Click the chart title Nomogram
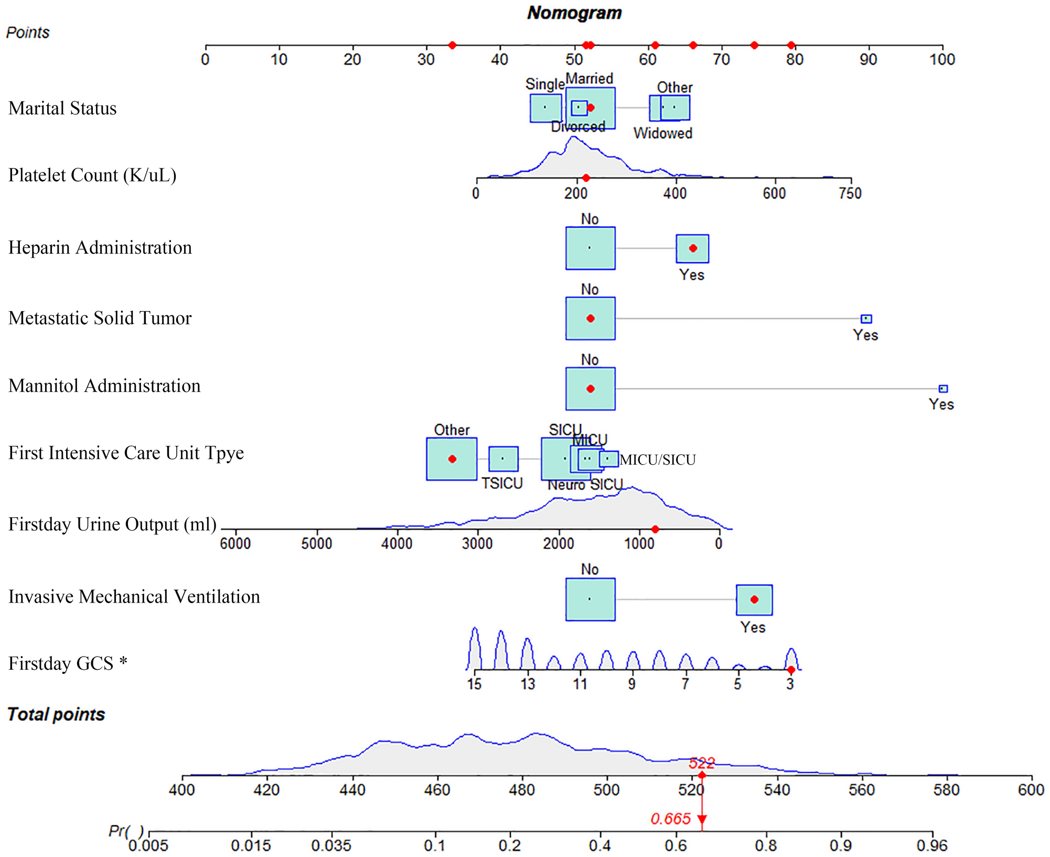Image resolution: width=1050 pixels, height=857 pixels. [x=574, y=13]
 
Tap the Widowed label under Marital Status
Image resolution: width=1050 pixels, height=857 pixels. [x=662, y=133]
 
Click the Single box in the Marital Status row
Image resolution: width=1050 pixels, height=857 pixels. [x=545, y=108]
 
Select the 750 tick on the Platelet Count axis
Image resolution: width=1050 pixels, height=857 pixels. [x=850, y=179]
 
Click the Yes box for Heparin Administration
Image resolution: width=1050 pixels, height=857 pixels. [x=692, y=248]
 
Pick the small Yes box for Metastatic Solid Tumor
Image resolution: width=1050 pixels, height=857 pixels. [x=866, y=318]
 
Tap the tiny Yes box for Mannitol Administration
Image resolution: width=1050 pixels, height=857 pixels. [x=943, y=389]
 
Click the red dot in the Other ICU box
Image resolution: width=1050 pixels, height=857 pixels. [x=452, y=459]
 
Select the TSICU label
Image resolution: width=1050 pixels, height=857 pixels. [x=502, y=484]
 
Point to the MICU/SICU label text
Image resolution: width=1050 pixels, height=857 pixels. [x=657, y=460]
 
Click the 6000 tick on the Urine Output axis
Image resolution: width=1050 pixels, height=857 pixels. [x=235, y=530]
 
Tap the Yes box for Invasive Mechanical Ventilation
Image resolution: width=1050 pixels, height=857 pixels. [x=754, y=599]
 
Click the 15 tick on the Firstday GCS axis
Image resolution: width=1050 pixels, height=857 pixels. [x=475, y=671]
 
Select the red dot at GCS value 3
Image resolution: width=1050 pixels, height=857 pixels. [x=791, y=670]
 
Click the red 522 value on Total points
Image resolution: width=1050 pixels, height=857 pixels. [x=701, y=763]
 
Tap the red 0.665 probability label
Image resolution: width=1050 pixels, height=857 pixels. [x=670, y=819]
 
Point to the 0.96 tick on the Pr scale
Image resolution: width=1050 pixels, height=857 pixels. [x=932, y=832]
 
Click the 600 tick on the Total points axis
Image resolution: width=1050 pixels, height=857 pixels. [x=1031, y=777]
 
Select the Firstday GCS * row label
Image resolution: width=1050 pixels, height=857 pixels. [x=68, y=663]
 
